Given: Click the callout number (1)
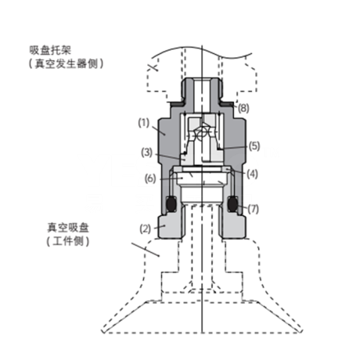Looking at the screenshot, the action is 143,123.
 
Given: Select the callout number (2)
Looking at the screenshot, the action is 146,229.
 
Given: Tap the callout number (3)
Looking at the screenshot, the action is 146,153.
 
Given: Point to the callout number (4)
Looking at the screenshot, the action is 252,174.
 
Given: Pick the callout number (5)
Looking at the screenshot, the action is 254,146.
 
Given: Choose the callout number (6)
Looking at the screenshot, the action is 150,178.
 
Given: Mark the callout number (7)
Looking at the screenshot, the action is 253,209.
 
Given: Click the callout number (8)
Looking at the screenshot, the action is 243,108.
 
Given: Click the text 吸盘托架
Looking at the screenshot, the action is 50,50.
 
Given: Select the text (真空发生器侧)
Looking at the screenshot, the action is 66,63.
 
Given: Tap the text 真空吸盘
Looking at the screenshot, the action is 68,228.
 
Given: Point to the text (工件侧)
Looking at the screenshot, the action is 68,241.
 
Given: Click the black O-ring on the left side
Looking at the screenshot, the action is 171,204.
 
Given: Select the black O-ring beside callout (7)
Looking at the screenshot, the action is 232,204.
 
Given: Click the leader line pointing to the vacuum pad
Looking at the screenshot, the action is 146,250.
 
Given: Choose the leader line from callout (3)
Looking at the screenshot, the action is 170,157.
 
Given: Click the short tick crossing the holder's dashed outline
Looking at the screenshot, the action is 153,67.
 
